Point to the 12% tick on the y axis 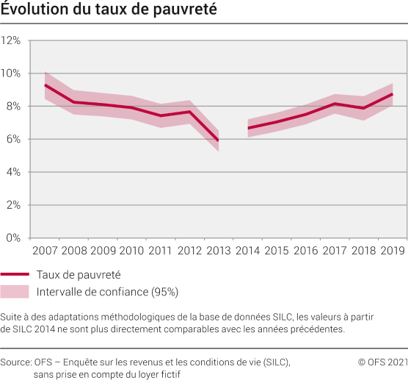click(12, 40)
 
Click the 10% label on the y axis click(12, 74)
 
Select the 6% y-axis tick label click(15, 139)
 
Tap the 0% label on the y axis click(15, 238)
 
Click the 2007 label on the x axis click(45, 251)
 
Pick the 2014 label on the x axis click(247, 251)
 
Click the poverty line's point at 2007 click(45, 85)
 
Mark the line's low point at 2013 click(217, 140)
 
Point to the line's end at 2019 click(393, 94)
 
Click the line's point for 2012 click(189, 112)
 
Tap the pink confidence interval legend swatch click(15, 292)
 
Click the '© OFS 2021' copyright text click(382, 362)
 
